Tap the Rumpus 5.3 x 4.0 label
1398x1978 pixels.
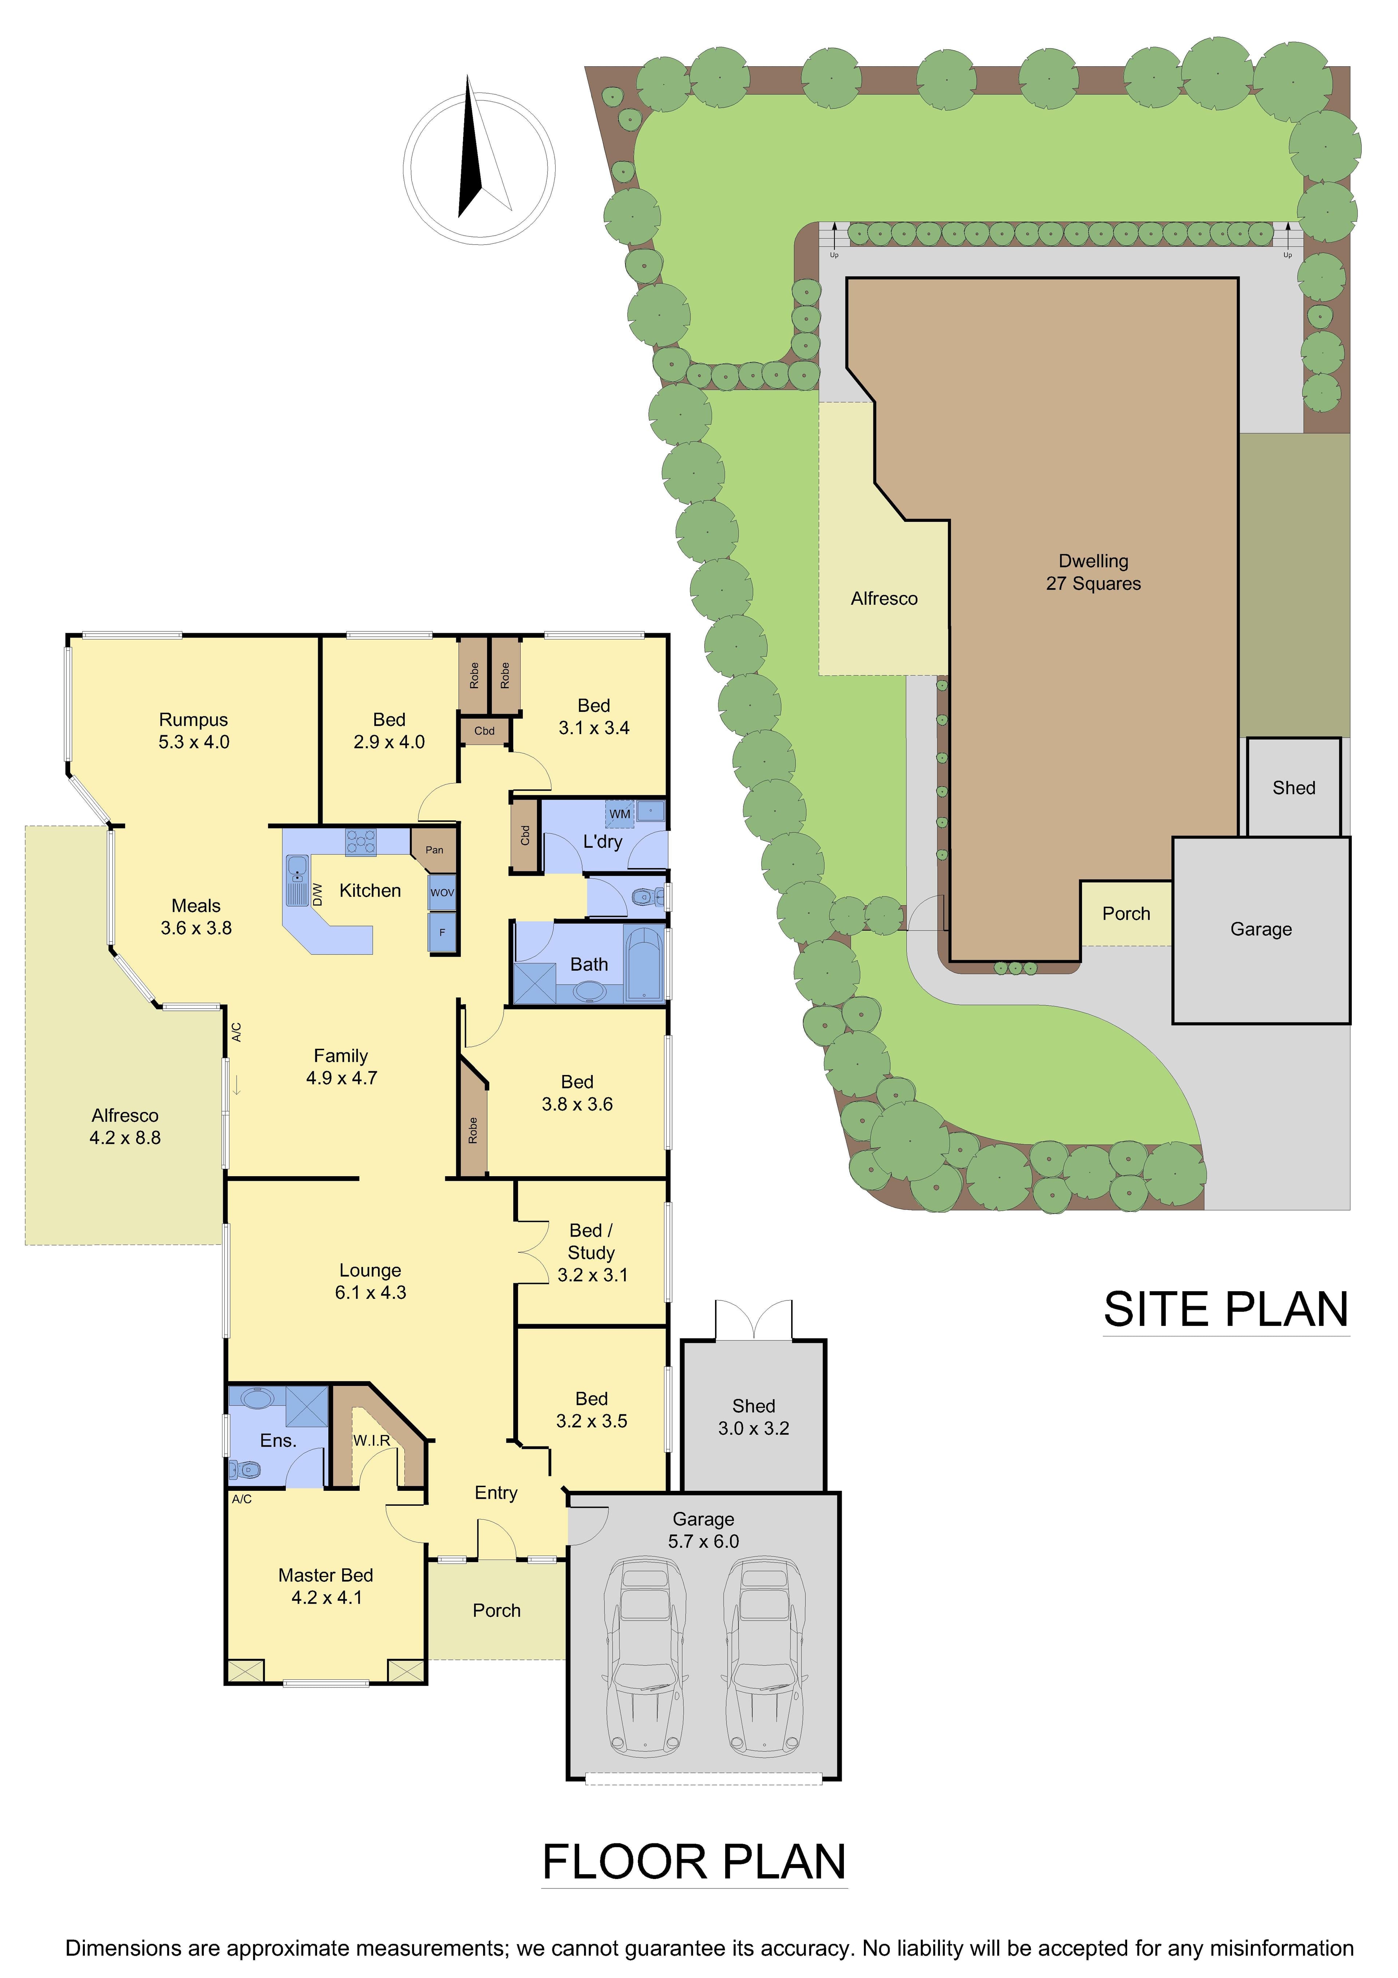(194, 730)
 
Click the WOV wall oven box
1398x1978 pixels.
(442, 893)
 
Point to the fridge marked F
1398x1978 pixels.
(442, 932)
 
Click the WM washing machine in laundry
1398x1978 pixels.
(620, 813)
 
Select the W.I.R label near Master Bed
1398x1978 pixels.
(371, 1441)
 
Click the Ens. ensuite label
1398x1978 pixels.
(278, 1441)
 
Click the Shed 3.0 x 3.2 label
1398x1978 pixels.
(754, 1417)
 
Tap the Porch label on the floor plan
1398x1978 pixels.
(497, 1610)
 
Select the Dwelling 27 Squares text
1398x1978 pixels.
(1093, 572)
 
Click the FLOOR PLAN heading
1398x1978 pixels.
(694, 1863)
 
